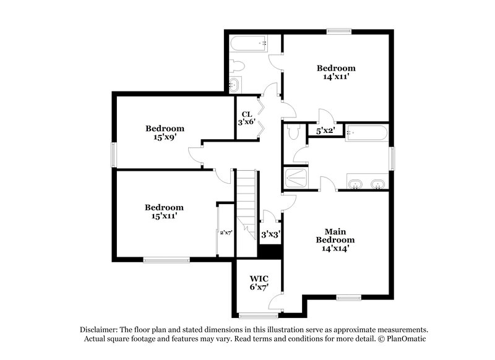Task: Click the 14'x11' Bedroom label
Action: (336, 73)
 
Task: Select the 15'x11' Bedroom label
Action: (164, 212)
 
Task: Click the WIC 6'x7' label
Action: (259, 282)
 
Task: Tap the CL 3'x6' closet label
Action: (246, 118)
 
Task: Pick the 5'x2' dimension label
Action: (325, 131)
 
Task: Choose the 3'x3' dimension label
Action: (270, 234)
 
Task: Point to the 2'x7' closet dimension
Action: (225, 233)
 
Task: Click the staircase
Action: (247, 198)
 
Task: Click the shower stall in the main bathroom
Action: (295, 178)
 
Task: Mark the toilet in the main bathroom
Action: (294, 131)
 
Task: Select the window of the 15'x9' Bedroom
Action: (113, 154)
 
